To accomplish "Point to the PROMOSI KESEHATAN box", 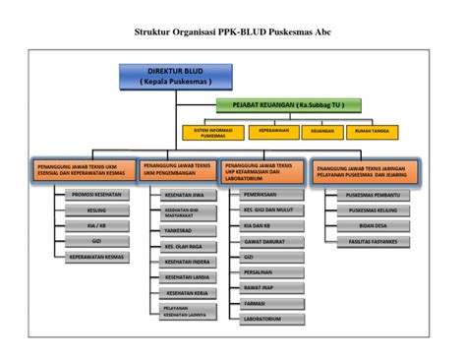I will click(x=94, y=195).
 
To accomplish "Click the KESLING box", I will click(x=95, y=210).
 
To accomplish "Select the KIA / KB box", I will click(x=95, y=224).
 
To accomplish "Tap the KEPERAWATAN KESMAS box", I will click(x=95, y=256).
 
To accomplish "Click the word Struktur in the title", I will click(x=155, y=31).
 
